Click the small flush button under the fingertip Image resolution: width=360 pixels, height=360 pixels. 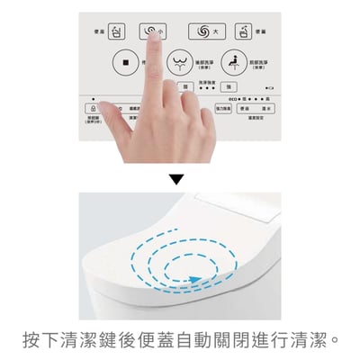150,31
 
